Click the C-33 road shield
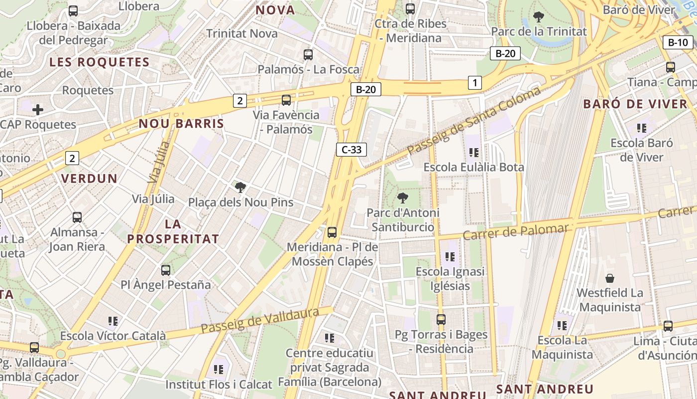coord(351,149)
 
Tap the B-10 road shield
coord(678,42)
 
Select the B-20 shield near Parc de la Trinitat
coord(505,53)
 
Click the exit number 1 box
coord(475,83)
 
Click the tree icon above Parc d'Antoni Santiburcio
coord(402,198)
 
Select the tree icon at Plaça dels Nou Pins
coord(240,188)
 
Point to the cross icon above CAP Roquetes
coord(38,109)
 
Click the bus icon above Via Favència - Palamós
coord(286,100)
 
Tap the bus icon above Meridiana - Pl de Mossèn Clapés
coord(332,232)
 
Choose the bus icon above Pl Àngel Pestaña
coord(166,270)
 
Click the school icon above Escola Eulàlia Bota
coord(473,152)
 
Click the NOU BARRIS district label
coord(181,124)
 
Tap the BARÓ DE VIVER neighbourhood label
coord(635,104)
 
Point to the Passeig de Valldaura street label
coord(260,321)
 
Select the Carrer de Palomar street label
coord(515,231)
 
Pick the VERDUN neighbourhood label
coord(89,178)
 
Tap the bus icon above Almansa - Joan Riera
coord(77,217)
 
